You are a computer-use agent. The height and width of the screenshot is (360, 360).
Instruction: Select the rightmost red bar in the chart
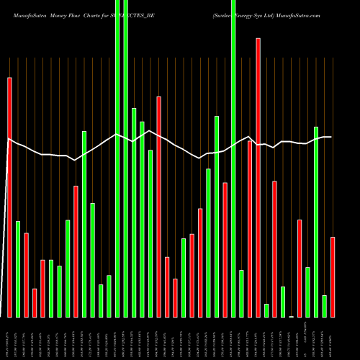[333, 276]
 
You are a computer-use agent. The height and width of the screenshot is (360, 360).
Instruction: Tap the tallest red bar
[258, 177]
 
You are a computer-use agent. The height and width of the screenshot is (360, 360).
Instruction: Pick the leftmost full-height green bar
[117, 158]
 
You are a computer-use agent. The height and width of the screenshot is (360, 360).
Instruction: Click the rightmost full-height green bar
[233, 158]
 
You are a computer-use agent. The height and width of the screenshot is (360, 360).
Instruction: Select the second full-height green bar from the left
[126, 158]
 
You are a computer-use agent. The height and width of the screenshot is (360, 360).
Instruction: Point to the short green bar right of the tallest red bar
[266, 310]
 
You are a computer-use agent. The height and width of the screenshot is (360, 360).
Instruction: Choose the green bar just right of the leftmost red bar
[18, 269]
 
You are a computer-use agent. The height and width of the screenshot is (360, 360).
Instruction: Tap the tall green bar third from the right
[316, 222]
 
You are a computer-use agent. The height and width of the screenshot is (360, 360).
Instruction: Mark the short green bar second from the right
[324, 306]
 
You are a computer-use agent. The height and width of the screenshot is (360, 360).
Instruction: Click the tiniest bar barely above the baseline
[292, 316]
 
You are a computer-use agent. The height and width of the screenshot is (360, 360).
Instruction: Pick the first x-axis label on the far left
[9, 338]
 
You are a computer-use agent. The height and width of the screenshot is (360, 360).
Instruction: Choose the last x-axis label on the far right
[333, 338]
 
